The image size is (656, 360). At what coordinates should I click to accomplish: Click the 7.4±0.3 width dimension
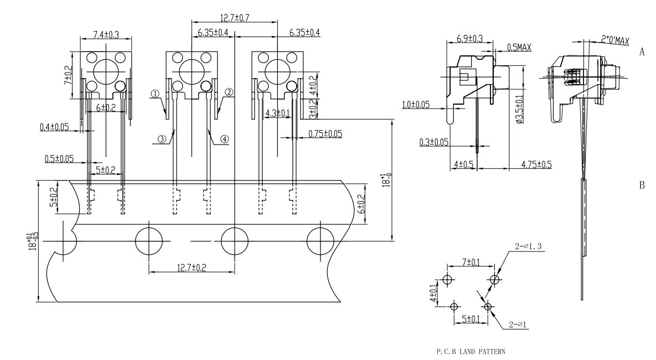click(106, 34)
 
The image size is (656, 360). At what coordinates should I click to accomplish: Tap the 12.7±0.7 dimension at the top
click(235, 18)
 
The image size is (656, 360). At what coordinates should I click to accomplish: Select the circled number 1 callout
click(155, 94)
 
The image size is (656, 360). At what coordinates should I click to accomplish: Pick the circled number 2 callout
click(229, 92)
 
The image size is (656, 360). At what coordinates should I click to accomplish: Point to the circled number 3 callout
click(162, 139)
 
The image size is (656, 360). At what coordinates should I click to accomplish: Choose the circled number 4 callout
click(225, 139)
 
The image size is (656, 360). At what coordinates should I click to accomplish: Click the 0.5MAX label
click(519, 47)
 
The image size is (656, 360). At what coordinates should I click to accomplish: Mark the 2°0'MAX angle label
click(615, 40)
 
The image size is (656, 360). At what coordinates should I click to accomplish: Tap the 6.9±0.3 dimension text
click(470, 39)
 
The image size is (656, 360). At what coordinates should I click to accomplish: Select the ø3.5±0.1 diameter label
click(520, 109)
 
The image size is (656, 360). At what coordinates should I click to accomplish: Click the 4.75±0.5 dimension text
click(536, 164)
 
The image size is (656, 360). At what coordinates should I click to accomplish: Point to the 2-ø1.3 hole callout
click(528, 246)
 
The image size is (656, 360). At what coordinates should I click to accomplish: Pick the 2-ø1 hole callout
click(518, 324)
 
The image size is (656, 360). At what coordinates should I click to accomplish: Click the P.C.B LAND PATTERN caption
click(471, 352)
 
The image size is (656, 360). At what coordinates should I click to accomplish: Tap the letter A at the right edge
click(642, 52)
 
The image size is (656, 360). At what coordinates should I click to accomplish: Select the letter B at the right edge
click(642, 185)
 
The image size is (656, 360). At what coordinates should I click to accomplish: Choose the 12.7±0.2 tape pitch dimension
click(192, 268)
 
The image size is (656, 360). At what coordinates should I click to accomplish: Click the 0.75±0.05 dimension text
click(325, 134)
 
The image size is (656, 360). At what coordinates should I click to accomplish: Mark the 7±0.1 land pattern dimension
click(471, 263)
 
